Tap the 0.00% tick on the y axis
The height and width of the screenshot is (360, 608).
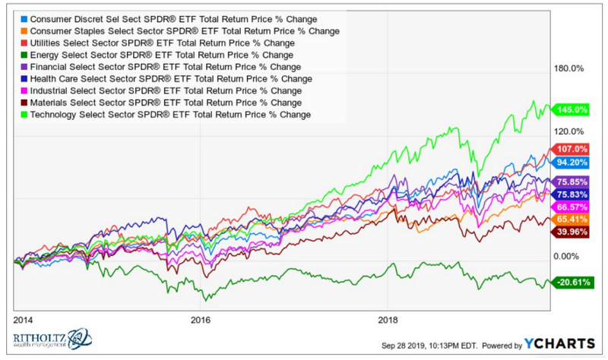(568, 257)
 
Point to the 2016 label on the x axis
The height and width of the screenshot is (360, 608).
(200, 320)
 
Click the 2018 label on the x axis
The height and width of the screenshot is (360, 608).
(389, 320)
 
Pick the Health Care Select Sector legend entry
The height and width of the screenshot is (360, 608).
(163, 79)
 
